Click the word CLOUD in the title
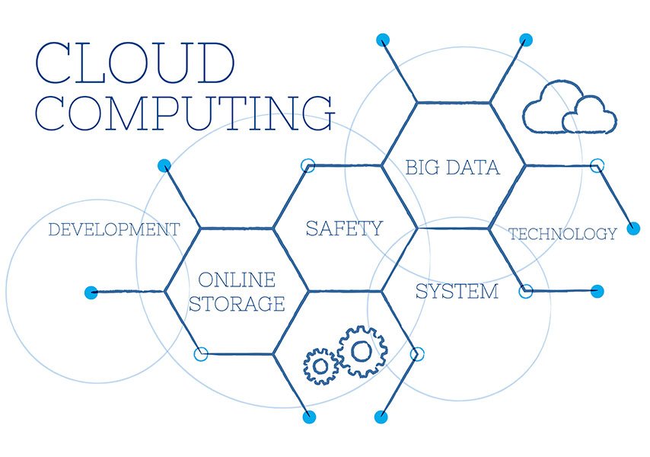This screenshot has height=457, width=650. point(135,62)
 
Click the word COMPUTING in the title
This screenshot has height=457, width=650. point(185,113)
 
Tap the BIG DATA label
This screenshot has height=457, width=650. point(453,168)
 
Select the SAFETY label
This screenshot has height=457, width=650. point(344,228)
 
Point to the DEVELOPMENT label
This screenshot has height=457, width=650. point(114,229)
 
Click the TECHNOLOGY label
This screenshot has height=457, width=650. point(562,235)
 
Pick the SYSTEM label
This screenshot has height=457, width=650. point(457,291)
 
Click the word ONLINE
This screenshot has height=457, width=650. point(237,280)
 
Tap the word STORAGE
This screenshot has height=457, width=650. point(237,304)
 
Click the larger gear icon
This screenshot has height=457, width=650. point(362,352)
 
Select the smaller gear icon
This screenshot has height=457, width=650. point(320,366)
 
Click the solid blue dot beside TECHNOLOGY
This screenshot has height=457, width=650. point(633,228)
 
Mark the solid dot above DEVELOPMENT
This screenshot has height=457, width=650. point(164,166)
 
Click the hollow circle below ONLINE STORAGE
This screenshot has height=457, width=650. point(201,354)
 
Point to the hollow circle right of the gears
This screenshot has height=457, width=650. point(417,354)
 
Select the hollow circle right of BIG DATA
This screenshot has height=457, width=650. point(597,165)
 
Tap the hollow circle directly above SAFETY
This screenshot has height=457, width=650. point(307,165)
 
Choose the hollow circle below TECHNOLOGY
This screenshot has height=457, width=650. point(526,291)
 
